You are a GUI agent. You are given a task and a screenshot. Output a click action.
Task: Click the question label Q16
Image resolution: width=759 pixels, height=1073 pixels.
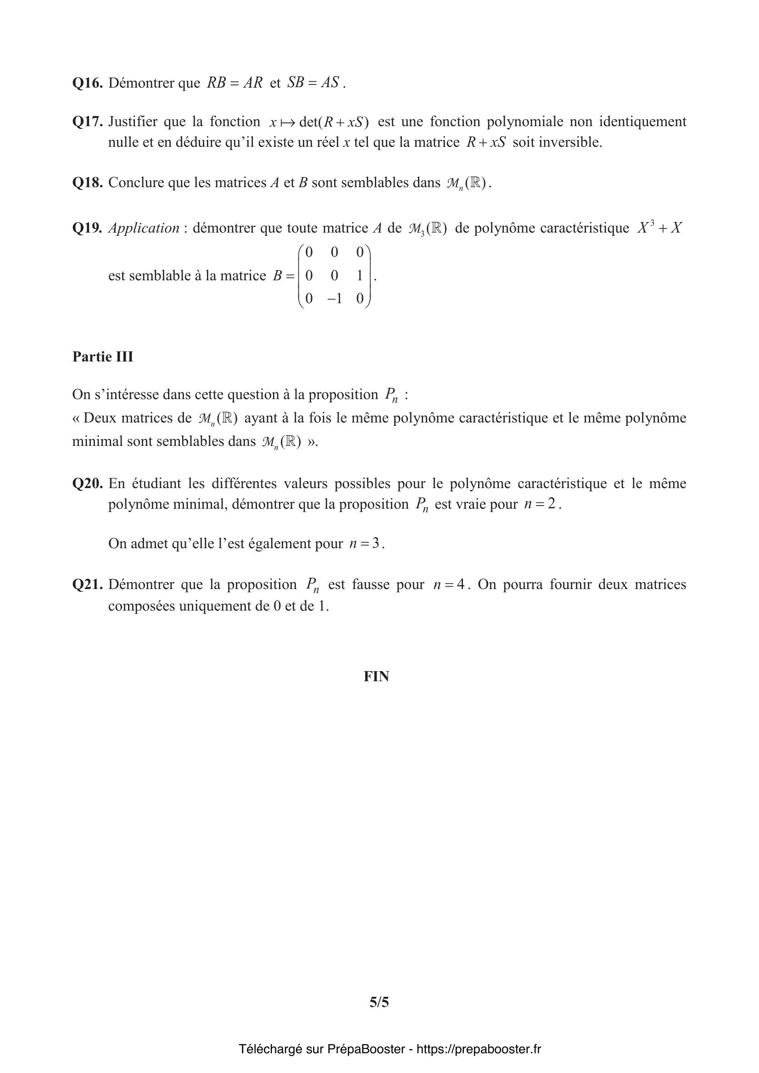[87, 83]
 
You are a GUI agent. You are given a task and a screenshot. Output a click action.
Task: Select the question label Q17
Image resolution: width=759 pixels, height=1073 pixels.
[87, 122]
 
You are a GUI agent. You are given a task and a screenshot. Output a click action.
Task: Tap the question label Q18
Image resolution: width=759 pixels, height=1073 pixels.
[87, 183]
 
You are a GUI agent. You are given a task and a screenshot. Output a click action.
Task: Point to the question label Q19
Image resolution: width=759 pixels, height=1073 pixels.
[87, 228]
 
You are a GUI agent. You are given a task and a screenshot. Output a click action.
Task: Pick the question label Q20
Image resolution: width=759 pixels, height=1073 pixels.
[87, 483]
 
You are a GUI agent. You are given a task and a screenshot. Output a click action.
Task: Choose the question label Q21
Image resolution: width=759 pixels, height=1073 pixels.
[87, 584]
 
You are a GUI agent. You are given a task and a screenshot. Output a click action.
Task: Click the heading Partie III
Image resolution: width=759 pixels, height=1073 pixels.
[103, 357]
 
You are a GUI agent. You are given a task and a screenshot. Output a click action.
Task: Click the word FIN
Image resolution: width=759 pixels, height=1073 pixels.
[376, 677]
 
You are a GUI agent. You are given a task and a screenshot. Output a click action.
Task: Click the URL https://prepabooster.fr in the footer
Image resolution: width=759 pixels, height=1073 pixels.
[479, 1049]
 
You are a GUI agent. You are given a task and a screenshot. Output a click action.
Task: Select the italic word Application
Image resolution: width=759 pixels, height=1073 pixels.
[144, 228]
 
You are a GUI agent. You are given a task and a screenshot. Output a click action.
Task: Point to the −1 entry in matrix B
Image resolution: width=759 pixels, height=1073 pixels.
[334, 298]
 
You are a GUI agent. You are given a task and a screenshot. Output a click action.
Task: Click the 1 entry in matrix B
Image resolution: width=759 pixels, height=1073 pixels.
[359, 276]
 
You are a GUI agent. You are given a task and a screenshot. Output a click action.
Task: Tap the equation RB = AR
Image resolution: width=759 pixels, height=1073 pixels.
[234, 83]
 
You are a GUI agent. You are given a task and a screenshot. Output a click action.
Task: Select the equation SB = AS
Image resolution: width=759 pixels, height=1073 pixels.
[313, 83]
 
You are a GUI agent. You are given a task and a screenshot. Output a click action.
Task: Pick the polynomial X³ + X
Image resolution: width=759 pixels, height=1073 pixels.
[659, 228]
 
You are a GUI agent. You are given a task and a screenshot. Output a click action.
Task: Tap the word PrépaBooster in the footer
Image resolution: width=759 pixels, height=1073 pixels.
[365, 1049]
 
